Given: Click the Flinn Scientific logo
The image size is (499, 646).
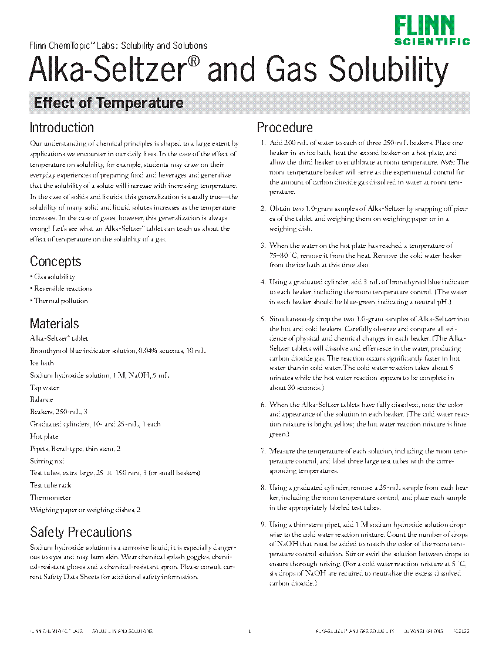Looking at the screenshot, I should [431, 31].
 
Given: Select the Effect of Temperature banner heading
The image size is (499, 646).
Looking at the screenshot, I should [109, 103].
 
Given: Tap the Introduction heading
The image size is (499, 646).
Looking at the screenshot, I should [62, 128].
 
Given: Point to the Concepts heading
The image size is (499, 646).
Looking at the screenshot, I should [56, 261].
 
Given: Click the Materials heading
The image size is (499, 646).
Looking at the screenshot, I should [54, 324].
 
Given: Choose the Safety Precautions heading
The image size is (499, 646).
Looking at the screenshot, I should [81, 533].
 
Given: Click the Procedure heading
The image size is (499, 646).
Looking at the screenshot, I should [285, 128].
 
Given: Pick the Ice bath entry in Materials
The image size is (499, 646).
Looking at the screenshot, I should [41, 363].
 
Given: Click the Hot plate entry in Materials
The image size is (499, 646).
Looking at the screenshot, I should [44, 436].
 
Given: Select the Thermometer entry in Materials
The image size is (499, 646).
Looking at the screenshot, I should [50, 497].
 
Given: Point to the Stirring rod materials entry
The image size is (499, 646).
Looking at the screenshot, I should [47, 461].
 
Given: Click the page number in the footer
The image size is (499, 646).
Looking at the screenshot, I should [249, 631].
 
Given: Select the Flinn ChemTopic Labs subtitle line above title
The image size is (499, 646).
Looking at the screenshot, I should [118, 46].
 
